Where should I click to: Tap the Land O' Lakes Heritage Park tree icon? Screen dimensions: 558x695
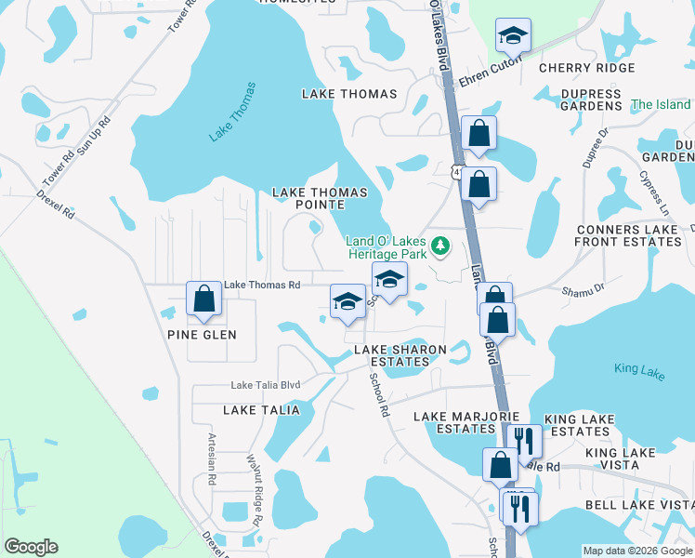pos(441,246)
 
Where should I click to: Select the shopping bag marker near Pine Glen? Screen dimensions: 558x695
pos(203,300)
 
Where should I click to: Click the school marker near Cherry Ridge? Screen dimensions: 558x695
pos(511,37)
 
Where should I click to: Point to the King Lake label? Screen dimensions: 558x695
pos(639,369)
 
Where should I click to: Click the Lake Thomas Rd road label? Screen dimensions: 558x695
pos(263,285)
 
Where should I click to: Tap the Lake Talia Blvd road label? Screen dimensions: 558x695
pos(265,385)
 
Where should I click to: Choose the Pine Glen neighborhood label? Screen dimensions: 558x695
pos(202,335)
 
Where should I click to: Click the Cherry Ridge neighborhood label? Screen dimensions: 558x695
pos(586,68)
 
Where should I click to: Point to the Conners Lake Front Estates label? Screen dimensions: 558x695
pos(628,235)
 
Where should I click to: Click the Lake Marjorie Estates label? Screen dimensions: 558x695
pos(454,422)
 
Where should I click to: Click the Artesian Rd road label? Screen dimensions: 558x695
pos(212,465)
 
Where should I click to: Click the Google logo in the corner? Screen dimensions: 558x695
pos(31,547)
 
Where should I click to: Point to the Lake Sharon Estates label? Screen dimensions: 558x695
pos(400,355)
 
